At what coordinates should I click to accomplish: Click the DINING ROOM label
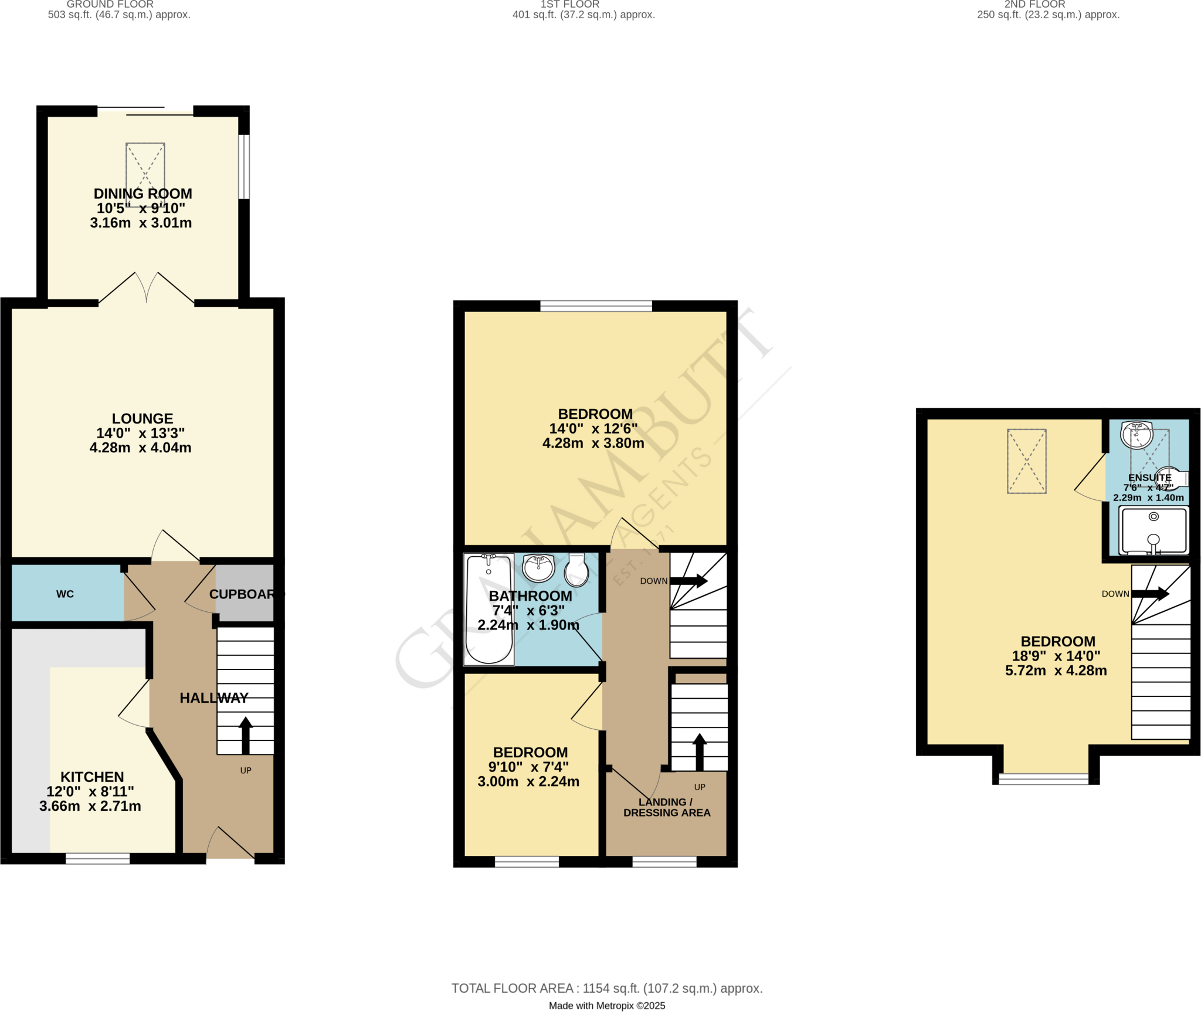pyautogui.click(x=143, y=194)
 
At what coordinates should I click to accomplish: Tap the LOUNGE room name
pyautogui.click(x=143, y=418)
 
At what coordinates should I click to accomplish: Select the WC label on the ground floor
pyautogui.click(x=65, y=594)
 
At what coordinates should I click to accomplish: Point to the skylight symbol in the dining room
pyautogui.click(x=145, y=174)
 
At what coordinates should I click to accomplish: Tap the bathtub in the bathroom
pyautogui.click(x=488, y=610)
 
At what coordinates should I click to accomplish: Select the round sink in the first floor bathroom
pyautogui.click(x=538, y=567)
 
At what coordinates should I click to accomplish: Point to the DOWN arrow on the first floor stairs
pyautogui.click(x=688, y=581)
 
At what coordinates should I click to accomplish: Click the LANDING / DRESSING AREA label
pyautogui.click(x=667, y=807)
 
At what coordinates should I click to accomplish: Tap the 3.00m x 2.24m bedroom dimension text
pyautogui.click(x=528, y=781)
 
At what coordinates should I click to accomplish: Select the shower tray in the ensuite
pyautogui.click(x=1153, y=531)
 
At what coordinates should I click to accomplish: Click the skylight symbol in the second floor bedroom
pyautogui.click(x=1027, y=461)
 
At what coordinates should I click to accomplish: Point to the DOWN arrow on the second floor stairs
pyautogui.click(x=1150, y=594)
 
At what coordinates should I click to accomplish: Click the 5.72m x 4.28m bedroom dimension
pyautogui.click(x=1056, y=671)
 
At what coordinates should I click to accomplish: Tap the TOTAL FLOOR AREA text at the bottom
pyautogui.click(x=607, y=989)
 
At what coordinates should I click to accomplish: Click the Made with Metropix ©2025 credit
pyautogui.click(x=607, y=1006)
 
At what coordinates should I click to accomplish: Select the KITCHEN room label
pyautogui.click(x=92, y=777)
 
